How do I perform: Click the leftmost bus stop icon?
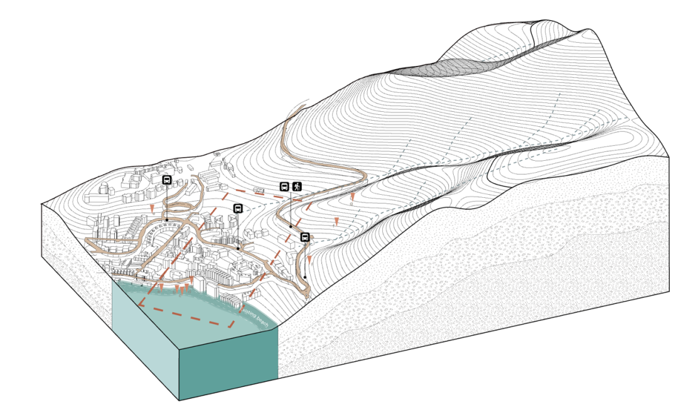pyautogui.click(x=167, y=180)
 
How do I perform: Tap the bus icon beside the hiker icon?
pyautogui.click(x=284, y=186)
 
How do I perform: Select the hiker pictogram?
pyautogui.click(x=296, y=186)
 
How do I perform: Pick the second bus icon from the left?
pyautogui.click(x=238, y=209)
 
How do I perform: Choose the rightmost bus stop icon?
pyautogui.click(x=305, y=237)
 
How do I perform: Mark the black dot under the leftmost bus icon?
pyautogui.click(x=167, y=219)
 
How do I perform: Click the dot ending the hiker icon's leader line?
pyautogui.click(x=291, y=226)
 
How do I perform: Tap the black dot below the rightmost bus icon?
pyautogui.click(x=305, y=277)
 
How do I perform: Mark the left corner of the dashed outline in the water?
pyautogui.click(x=139, y=306)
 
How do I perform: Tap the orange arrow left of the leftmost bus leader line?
pyautogui.click(x=151, y=208)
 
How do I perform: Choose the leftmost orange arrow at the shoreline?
pyautogui.click(x=161, y=286)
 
